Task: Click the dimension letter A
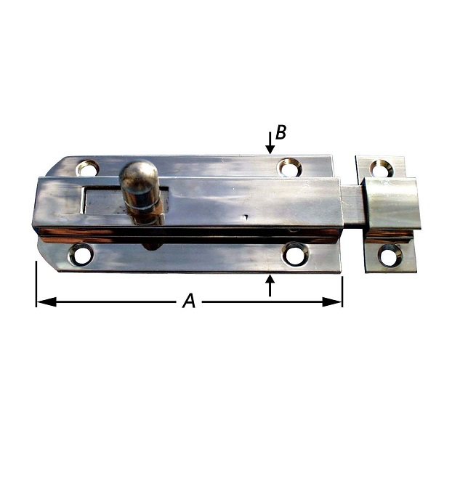[189, 301]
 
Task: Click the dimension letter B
[281, 132]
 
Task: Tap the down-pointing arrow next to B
[270, 142]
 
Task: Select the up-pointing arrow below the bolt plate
[270, 285]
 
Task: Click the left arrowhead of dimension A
[47, 302]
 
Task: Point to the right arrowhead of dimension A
[332, 302]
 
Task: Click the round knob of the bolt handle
[138, 176]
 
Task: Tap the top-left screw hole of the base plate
[87, 167]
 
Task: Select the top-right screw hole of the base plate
[290, 167]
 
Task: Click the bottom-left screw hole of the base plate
[81, 254]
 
